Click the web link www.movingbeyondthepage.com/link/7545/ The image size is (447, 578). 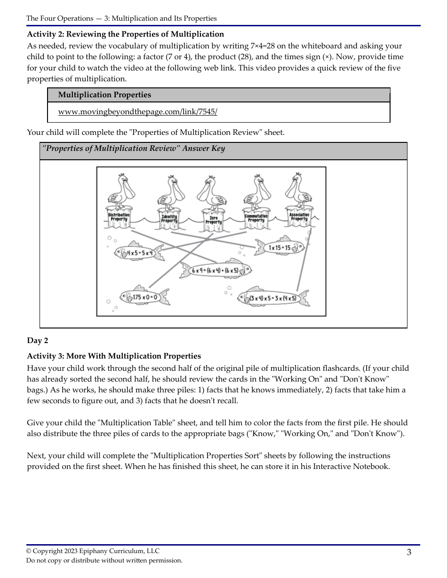pos(137,112)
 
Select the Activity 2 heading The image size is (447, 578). pos(125,34)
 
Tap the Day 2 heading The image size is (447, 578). pos(37,341)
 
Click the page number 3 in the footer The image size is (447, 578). pos(409,552)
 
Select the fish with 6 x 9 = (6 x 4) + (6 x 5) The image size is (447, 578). pos(216,271)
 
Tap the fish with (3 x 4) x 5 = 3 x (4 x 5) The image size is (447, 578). pos(273,298)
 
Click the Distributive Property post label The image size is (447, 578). pos(119,217)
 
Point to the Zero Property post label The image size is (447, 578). pos(213,220)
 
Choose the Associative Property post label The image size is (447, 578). pos(299,217)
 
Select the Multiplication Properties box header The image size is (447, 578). pos(104,95)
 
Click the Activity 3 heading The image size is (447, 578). pos(114,356)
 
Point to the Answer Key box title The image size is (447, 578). pos(134,149)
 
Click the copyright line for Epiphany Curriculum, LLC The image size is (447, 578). pos(93,551)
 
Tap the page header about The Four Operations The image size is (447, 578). pos(121,18)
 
